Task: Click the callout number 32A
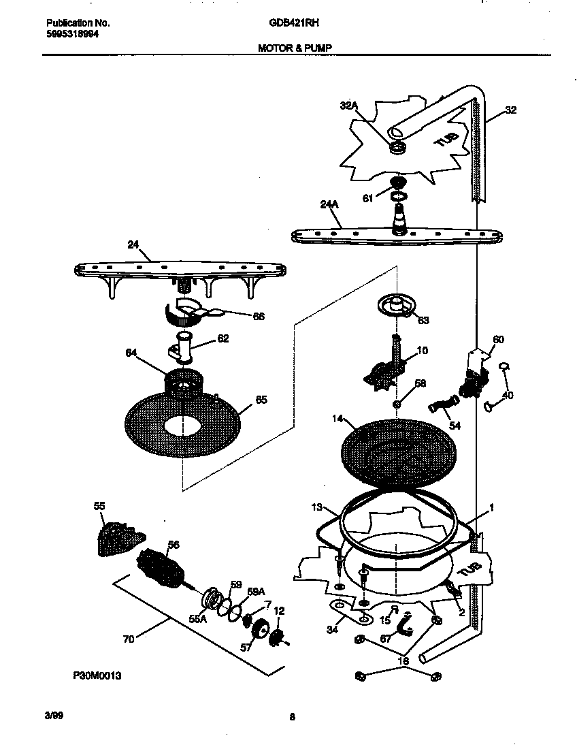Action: (348, 106)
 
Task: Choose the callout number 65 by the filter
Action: (261, 400)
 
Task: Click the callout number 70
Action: (129, 639)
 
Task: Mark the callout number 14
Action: (339, 420)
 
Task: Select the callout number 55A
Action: (197, 619)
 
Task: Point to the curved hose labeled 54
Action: (441, 408)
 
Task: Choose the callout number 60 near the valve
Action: (499, 339)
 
